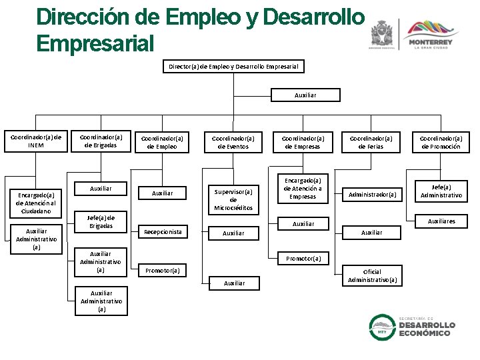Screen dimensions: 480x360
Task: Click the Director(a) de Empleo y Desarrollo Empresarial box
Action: [234, 67]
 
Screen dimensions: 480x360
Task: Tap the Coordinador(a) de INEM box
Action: [35, 141]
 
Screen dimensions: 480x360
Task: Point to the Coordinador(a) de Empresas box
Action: [303, 142]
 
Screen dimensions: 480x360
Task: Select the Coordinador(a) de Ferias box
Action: [371, 142]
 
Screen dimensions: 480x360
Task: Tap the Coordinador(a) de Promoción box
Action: [441, 142]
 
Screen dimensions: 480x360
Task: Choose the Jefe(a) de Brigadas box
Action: [101, 222]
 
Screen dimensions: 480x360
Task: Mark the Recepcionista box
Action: [163, 232]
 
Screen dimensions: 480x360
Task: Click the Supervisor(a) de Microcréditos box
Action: [233, 199]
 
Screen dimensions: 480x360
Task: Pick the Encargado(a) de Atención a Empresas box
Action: [303, 188]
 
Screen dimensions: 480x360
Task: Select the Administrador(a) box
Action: [372, 195]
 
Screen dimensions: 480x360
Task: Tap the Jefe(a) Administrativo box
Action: [441, 191]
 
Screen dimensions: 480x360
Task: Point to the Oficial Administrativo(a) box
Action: [372, 275]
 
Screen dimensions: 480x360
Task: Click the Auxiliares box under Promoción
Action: [441, 221]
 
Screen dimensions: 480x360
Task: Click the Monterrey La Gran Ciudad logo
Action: [429, 34]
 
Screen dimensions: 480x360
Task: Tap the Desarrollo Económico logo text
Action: [427, 327]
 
